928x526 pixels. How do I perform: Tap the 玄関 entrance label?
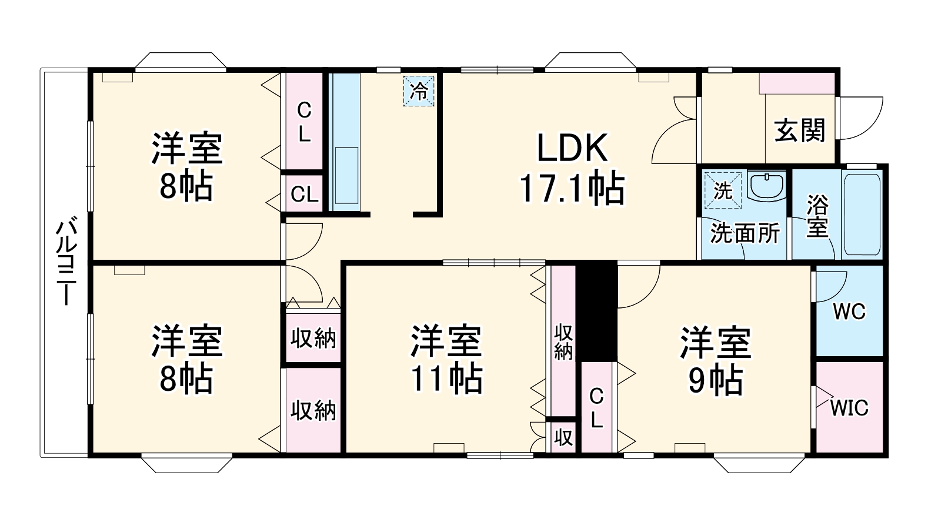[799, 130]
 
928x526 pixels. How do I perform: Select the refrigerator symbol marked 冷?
[419, 91]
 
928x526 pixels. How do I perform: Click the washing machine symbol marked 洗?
[722, 190]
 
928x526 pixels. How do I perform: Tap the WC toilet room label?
[849, 311]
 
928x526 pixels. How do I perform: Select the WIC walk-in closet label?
[849, 407]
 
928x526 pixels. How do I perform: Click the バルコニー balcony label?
[66, 262]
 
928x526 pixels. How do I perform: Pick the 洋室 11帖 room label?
[446, 359]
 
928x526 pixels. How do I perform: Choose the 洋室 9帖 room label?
[715, 360]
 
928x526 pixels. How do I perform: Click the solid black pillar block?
[596, 311]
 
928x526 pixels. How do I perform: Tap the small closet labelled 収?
[563, 437]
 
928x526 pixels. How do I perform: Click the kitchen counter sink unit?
[345, 141]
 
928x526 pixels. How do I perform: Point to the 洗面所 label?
[745, 233]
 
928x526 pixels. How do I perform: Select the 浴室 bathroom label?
[817, 216]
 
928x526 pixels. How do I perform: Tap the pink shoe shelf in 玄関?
[797, 83]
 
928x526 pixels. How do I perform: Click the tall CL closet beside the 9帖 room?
[596, 407]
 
